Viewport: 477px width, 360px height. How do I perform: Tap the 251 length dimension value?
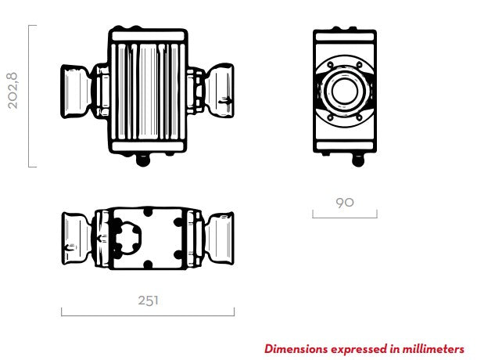pos(147,301)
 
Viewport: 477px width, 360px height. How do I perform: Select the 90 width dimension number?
pos(344,202)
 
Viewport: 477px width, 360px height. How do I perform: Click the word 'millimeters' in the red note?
pos(433,348)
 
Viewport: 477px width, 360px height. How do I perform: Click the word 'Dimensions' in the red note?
pos(295,348)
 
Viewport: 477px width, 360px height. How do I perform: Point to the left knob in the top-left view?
pos(77,91)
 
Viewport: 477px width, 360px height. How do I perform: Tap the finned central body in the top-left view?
pos(148,91)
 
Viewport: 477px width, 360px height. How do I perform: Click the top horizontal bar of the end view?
pos(345,35)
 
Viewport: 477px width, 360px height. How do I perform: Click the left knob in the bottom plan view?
pos(77,238)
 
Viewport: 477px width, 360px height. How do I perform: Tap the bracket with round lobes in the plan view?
pos(126,238)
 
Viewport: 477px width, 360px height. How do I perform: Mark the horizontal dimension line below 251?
pos(147,315)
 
